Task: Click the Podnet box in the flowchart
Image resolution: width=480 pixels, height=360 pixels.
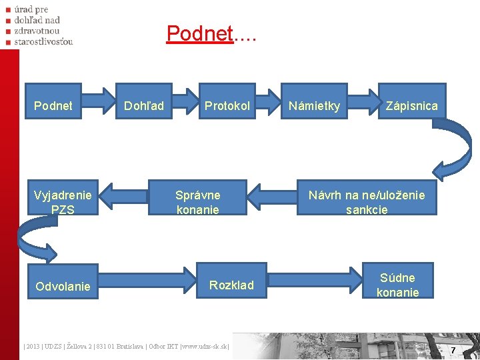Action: pos(53,106)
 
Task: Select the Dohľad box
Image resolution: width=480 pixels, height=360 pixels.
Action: pos(144,106)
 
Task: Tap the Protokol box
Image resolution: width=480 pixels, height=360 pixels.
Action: pos(227,106)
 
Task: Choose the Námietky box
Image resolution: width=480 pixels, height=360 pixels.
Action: pos(314,106)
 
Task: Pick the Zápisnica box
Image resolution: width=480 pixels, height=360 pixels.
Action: pos(412,106)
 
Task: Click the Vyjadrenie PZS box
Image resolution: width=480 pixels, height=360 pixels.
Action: pos(63,202)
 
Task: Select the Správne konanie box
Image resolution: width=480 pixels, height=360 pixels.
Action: pos(198,202)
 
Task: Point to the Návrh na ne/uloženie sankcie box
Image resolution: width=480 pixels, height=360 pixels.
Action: pos(366,202)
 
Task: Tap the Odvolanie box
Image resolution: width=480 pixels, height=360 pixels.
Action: pos(63,286)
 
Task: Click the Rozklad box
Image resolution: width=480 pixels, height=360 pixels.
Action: pos(231,285)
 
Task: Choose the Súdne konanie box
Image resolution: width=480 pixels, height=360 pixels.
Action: pos(397,285)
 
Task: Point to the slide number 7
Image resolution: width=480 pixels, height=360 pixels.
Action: pos(453,350)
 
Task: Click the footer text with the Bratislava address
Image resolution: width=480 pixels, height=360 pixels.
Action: pos(127,346)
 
